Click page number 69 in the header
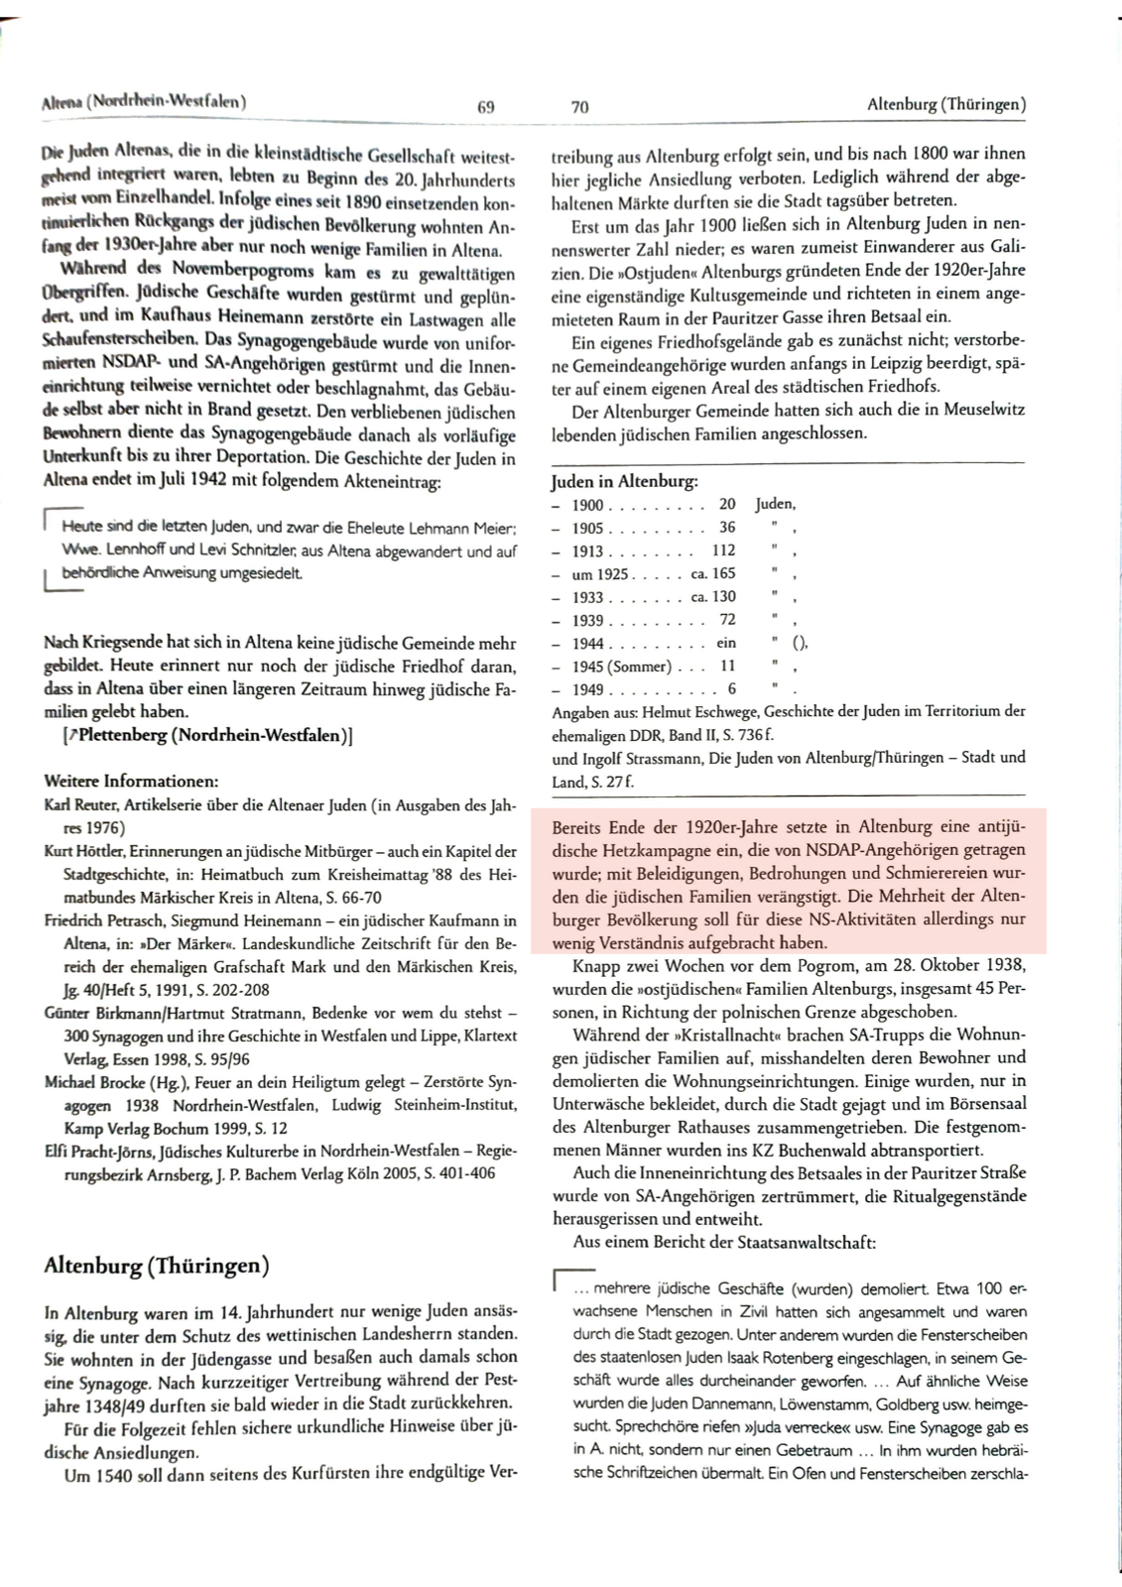click(486, 106)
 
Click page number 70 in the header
click(580, 106)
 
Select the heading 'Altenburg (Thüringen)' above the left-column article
click(157, 1266)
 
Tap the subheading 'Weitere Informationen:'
click(132, 781)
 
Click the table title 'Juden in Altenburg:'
click(625, 481)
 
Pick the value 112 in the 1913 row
click(723, 550)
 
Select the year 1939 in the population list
click(587, 621)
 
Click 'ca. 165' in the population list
click(713, 574)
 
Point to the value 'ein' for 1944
click(725, 644)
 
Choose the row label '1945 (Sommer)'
click(621, 667)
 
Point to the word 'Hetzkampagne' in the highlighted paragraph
click(649, 850)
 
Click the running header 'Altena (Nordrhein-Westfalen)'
click(145, 101)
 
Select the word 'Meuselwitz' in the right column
click(984, 410)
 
